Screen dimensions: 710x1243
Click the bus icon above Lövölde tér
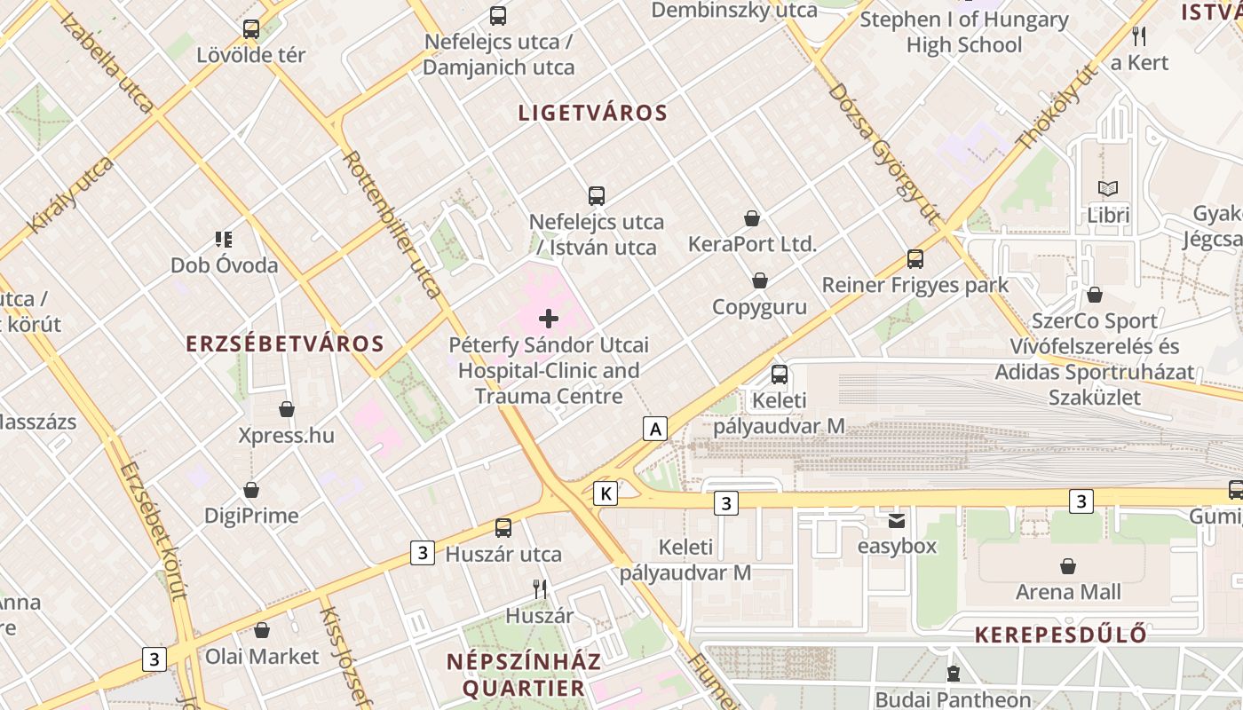(x=251, y=29)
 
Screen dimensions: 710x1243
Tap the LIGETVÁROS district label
(x=592, y=114)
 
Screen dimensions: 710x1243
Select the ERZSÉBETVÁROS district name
(x=285, y=344)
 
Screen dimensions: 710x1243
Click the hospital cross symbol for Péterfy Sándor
(x=549, y=319)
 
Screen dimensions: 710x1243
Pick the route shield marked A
(x=655, y=430)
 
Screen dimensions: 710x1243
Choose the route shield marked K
(x=606, y=493)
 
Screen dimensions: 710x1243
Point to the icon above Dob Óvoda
(x=223, y=239)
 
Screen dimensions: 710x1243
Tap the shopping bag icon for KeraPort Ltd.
(x=752, y=218)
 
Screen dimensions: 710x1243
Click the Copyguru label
(x=759, y=307)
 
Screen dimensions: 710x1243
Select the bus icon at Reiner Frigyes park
(x=914, y=259)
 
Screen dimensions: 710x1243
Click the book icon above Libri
(x=1108, y=189)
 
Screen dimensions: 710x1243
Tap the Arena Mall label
(x=1068, y=592)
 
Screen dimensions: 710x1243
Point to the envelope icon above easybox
(x=897, y=521)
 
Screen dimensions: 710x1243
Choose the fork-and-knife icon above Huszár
(x=539, y=588)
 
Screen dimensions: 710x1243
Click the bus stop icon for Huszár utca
(x=503, y=528)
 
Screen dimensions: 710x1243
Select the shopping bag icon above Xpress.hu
(x=286, y=409)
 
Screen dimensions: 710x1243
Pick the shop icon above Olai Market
(x=261, y=630)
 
